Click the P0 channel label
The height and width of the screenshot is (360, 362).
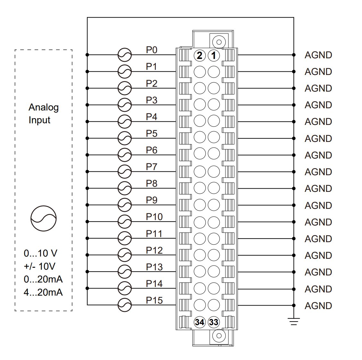click(152, 50)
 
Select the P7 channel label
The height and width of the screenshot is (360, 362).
click(152, 167)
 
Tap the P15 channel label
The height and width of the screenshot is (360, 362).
click(154, 300)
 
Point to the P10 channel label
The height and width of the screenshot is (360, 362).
click(154, 217)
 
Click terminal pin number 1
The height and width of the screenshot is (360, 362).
click(214, 55)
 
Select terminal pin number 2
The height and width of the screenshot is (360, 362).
click(199, 55)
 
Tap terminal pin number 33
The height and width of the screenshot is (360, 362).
click(214, 322)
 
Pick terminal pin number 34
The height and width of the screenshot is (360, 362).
click(199, 322)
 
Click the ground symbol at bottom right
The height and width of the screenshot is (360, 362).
click(294, 321)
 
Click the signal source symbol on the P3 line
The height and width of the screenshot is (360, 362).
click(124, 105)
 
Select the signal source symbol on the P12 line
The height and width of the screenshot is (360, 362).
click(124, 255)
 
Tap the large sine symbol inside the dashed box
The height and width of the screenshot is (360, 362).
click(43, 218)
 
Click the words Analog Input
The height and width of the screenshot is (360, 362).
click(43, 113)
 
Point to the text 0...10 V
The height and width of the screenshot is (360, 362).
click(40, 253)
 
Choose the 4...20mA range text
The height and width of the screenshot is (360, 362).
click(43, 292)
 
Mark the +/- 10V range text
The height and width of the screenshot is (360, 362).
click(39, 266)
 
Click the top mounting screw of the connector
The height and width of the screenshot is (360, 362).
click(219, 42)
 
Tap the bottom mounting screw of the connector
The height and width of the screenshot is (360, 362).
click(219, 336)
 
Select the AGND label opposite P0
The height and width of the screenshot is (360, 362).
click(318, 55)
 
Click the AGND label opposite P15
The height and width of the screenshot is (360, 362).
click(318, 306)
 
